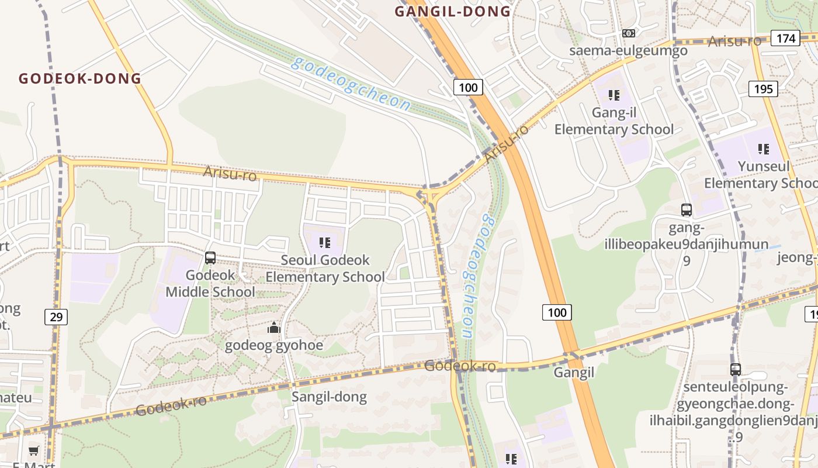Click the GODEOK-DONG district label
pos(80,78)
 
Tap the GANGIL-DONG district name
pos(453,11)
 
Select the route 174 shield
pos(785,39)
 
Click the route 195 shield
pos(763,89)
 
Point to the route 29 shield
pos(56,317)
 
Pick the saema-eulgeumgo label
pos(628,50)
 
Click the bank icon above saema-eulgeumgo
pos(629,33)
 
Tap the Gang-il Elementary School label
pos(614,121)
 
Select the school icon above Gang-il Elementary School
pos(613,95)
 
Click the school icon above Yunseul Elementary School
pos(763,149)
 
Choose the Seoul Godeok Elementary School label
pos(325,268)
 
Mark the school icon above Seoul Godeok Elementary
pos(325,242)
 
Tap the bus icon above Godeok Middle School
pos(210,257)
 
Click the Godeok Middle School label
pos(210,283)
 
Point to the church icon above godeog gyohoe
pos(274,328)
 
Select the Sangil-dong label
pos(329,397)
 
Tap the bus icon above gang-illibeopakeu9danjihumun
pos(687,209)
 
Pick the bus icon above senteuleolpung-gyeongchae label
pos(736,370)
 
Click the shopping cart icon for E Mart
pos(34,450)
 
